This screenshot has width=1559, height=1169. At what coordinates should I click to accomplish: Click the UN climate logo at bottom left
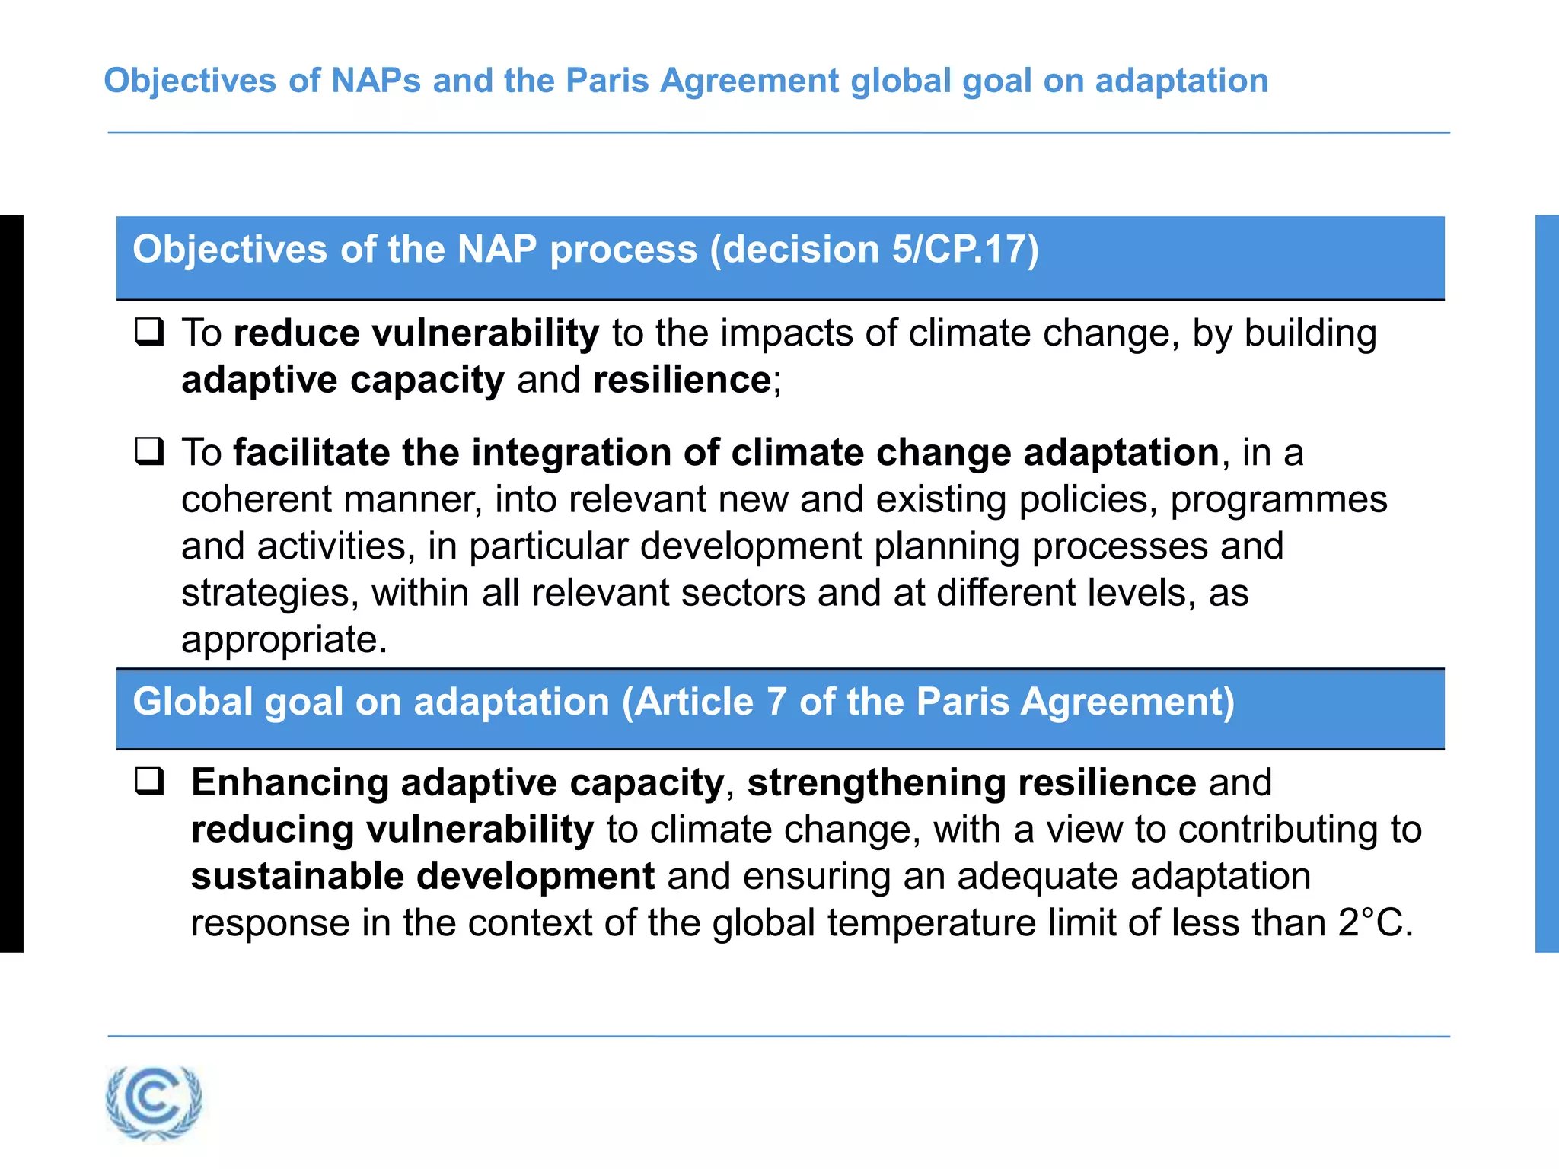click(x=155, y=1102)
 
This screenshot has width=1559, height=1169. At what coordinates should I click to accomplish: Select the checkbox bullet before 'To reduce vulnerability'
click(x=149, y=333)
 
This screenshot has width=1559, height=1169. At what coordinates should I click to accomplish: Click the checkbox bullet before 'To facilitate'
click(x=149, y=451)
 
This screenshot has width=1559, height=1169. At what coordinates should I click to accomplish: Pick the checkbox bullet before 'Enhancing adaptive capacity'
click(x=149, y=782)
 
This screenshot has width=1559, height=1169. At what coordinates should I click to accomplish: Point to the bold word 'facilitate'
click(x=312, y=452)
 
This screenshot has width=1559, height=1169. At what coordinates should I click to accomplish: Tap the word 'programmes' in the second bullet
click(x=1279, y=500)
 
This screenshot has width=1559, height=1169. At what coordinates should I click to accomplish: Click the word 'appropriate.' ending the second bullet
click(x=284, y=640)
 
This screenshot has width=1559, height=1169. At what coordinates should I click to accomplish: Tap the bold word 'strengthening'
click(x=876, y=783)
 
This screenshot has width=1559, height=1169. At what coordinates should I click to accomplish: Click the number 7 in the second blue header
click(x=776, y=702)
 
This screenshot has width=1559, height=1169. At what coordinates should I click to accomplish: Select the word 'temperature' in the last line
click(x=932, y=923)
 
